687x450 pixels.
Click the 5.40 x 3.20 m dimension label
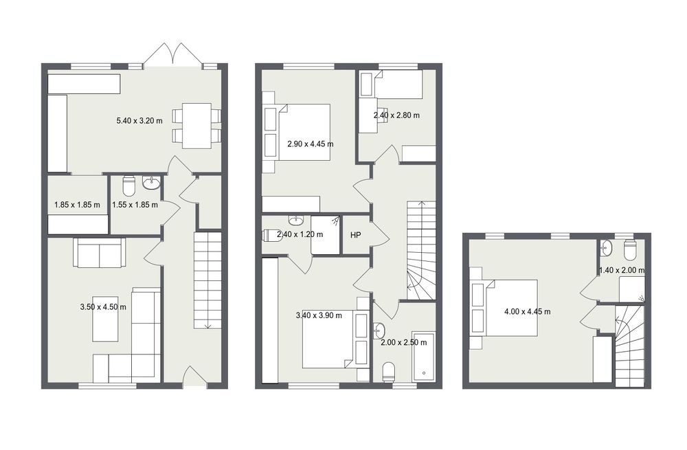(139, 120)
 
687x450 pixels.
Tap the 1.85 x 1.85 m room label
(77, 205)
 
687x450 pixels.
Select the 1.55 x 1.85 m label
(135, 205)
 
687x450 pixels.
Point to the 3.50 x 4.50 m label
(103, 307)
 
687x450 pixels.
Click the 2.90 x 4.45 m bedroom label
(311, 144)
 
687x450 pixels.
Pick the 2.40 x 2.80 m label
(396, 115)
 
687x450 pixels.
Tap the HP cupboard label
(355, 235)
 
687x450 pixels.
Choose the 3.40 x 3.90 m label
(319, 315)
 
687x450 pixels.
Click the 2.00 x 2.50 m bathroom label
(403, 343)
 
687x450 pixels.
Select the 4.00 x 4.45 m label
(528, 312)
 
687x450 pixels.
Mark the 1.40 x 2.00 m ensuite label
(622, 271)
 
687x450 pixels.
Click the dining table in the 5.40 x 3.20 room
(196, 126)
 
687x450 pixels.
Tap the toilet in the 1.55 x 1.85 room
(129, 185)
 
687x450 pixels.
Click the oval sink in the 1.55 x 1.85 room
(152, 183)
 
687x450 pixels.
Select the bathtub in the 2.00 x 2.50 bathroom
(424, 356)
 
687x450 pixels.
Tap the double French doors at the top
(174, 55)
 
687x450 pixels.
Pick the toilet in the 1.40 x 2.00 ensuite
(630, 250)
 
